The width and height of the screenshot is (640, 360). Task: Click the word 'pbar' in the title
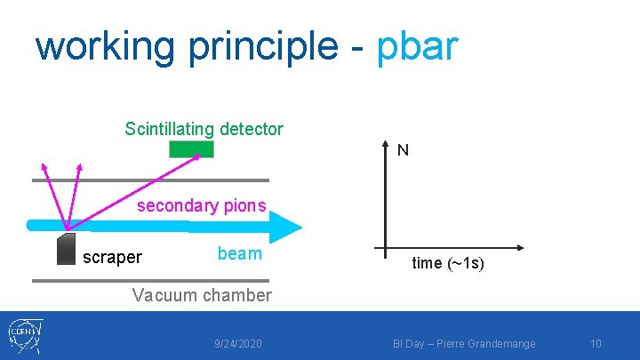click(x=417, y=46)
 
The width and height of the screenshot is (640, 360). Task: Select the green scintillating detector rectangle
click(x=192, y=149)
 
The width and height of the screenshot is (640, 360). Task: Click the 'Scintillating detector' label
click(x=204, y=129)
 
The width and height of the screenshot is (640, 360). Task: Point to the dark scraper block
click(x=66, y=249)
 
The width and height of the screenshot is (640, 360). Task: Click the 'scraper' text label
click(x=112, y=258)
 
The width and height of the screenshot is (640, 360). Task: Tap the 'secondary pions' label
click(x=201, y=206)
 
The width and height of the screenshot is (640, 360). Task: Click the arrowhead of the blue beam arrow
click(x=290, y=226)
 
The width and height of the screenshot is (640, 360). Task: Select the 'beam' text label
click(x=239, y=253)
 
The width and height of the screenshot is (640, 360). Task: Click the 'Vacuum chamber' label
click(x=201, y=295)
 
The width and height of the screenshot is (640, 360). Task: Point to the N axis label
click(x=403, y=151)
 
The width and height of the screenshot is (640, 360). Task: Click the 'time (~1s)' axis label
click(x=448, y=263)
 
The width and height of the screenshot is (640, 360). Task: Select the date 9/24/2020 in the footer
click(x=238, y=343)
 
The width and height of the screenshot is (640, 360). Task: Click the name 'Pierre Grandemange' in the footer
click(x=501, y=343)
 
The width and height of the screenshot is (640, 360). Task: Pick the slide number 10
click(x=596, y=343)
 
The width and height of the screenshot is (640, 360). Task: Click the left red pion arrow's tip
click(x=40, y=164)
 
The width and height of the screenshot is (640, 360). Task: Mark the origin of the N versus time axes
click(x=385, y=247)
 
